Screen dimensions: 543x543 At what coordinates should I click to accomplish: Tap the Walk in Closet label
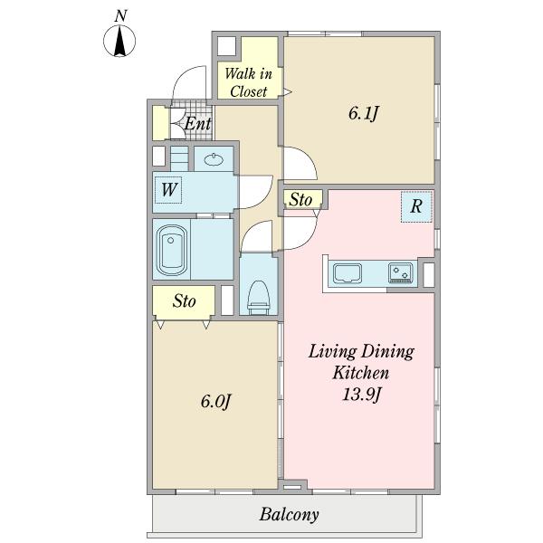pyautogui.click(x=248, y=82)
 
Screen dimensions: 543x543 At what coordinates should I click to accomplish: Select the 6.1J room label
pyautogui.click(x=363, y=113)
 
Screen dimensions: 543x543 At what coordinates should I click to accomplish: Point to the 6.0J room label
pyautogui.click(x=215, y=402)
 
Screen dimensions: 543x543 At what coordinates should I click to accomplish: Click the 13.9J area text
pyautogui.click(x=361, y=395)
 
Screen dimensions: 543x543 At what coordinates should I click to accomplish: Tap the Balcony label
pyautogui.click(x=290, y=515)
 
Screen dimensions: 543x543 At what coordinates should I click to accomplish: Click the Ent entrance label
pyautogui.click(x=197, y=123)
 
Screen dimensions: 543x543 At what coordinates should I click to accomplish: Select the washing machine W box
pyautogui.click(x=168, y=190)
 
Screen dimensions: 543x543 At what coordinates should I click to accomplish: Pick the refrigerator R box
pyautogui.click(x=416, y=206)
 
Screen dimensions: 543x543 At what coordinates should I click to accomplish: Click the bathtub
pyautogui.click(x=172, y=250)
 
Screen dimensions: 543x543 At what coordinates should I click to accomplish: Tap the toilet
pyautogui.click(x=259, y=297)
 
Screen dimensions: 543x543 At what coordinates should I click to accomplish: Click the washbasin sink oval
pyautogui.click(x=214, y=159)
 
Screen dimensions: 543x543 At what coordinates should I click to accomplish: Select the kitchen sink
pyautogui.click(x=348, y=273)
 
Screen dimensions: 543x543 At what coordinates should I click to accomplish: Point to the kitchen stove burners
pyautogui.click(x=401, y=272)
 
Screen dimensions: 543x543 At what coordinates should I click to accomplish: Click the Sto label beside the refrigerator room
pyautogui.click(x=300, y=200)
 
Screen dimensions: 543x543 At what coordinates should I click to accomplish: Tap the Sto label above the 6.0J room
pyautogui.click(x=185, y=301)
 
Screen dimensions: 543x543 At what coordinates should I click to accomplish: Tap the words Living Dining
pyautogui.click(x=361, y=351)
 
